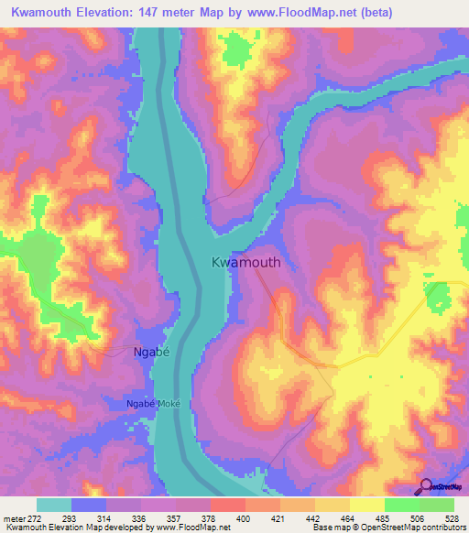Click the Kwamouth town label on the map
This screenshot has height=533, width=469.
click(x=245, y=262)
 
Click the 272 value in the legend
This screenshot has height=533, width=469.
click(x=35, y=517)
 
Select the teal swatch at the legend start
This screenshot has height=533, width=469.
click(x=54, y=505)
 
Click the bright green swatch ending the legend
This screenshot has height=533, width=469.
click(x=437, y=505)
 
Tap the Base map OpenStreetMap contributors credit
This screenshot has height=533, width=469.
click(x=387, y=528)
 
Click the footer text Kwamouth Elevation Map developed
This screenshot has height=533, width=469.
click(x=73, y=528)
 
